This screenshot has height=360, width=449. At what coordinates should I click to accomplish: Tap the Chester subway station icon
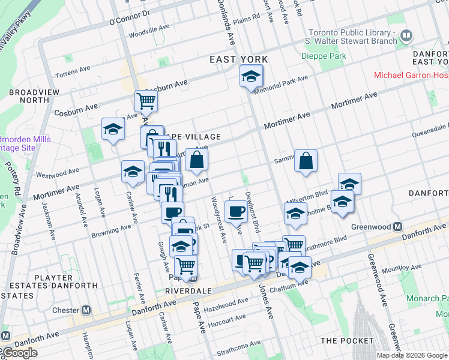coord(86,310)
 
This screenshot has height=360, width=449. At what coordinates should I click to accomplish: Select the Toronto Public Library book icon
coord(406,37)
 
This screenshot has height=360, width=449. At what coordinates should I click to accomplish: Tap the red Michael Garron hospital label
coord(411,75)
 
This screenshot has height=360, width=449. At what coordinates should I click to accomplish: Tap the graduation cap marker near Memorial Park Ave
coord(251,76)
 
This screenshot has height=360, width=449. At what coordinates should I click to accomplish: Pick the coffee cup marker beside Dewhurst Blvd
coord(235,211)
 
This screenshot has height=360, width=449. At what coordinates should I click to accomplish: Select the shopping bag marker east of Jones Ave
coord(306,160)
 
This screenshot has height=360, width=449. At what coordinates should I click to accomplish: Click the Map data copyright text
coord(412,355)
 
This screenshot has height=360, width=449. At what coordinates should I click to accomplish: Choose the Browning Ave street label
coord(110,229)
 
